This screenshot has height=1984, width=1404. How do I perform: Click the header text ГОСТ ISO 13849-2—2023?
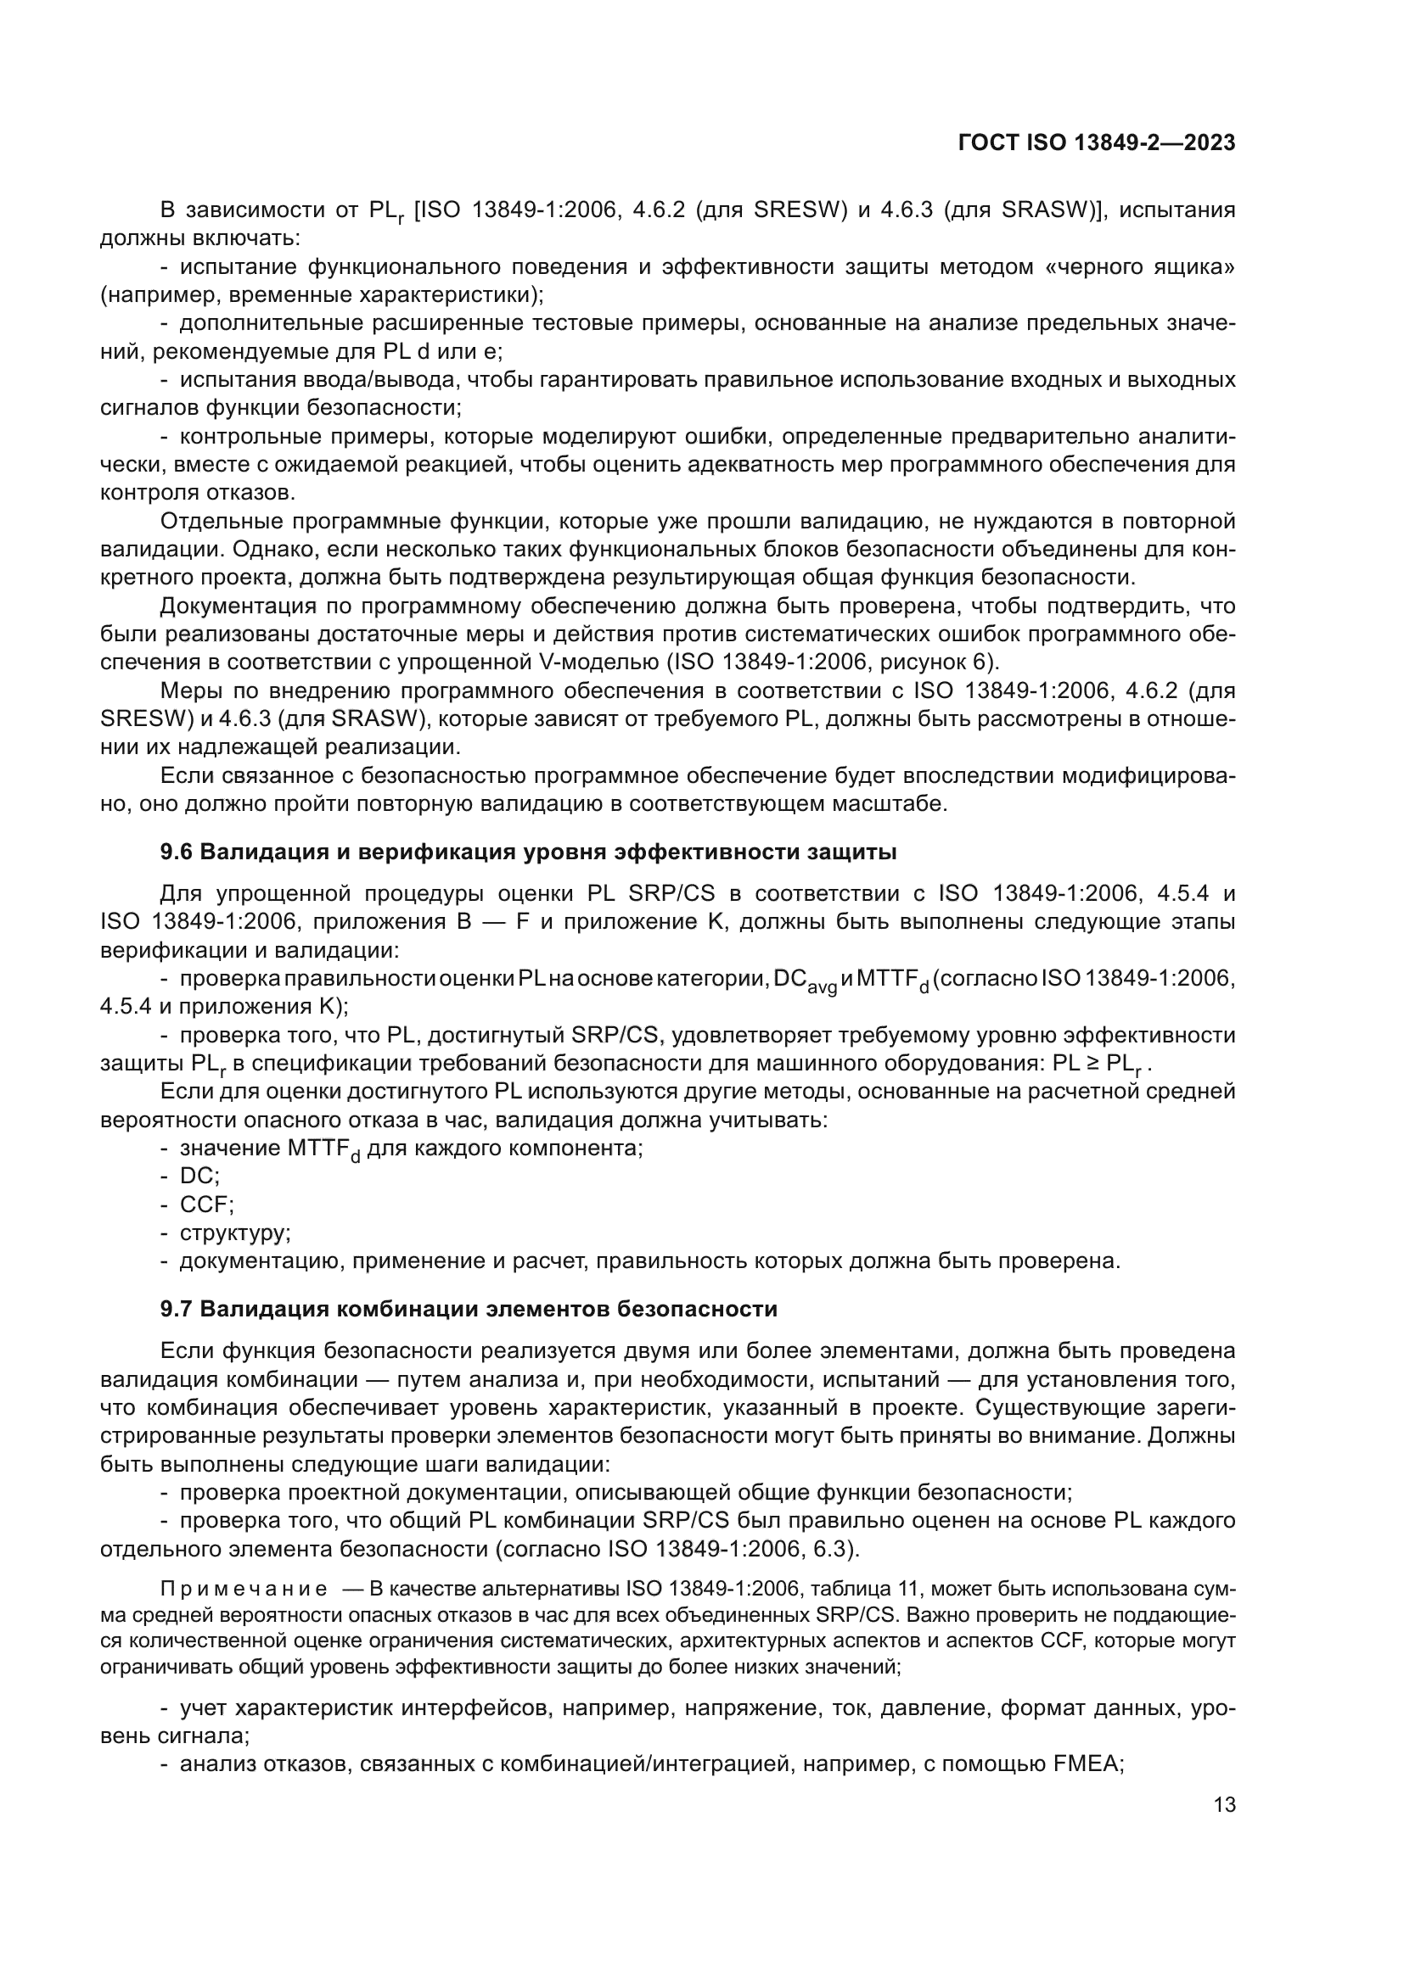tap(1096, 143)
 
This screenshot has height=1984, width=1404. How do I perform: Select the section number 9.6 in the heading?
tap(177, 852)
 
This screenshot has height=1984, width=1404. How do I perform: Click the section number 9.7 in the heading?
tap(177, 1309)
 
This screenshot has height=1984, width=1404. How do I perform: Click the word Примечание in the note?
tap(244, 1589)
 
